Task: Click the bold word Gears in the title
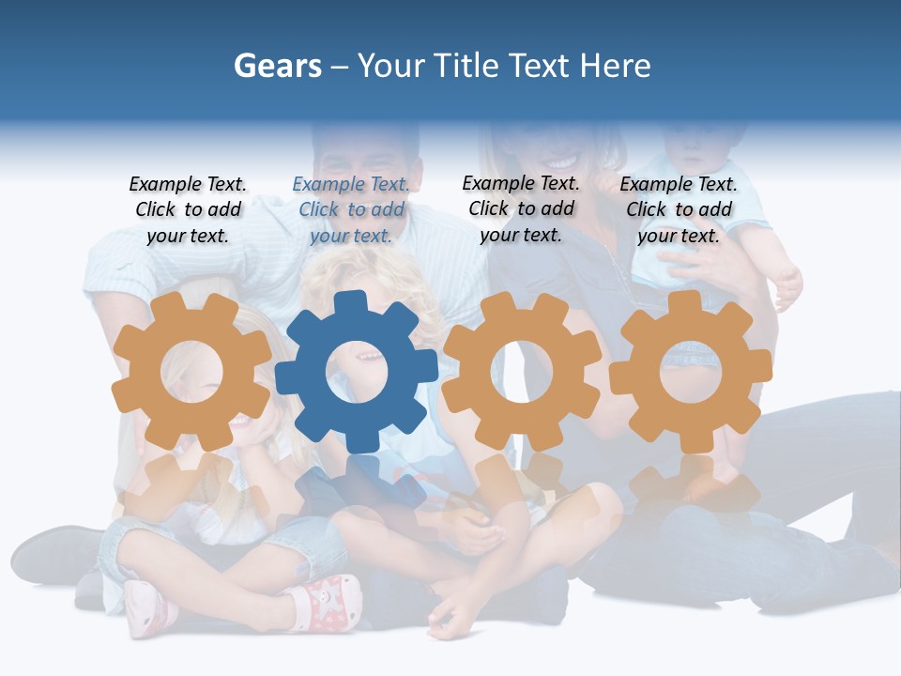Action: [x=278, y=66]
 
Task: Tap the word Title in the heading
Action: [x=466, y=66]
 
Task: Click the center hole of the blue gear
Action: [x=357, y=372]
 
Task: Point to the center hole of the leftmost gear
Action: [x=191, y=371]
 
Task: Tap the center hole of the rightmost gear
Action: [x=690, y=370]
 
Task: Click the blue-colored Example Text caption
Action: [x=351, y=210]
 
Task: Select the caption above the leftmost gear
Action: [x=188, y=210]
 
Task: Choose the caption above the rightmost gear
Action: [x=679, y=210]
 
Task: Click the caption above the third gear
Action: [x=521, y=208]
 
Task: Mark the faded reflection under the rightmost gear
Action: [x=692, y=484]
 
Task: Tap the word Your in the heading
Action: [x=392, y=66]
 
